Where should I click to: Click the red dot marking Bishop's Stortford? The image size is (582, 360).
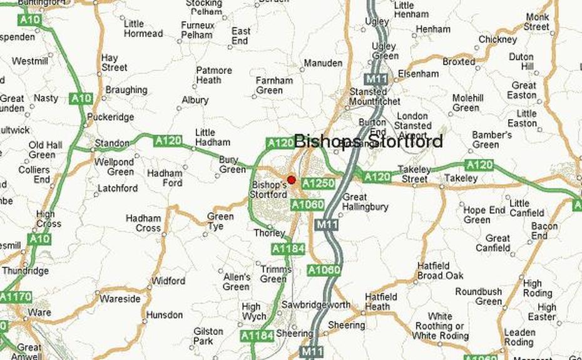coord(291,180)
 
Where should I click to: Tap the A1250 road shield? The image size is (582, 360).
coord(318,183)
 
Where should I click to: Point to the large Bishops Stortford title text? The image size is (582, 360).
coord(368,141)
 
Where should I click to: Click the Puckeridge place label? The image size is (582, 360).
coord(111,117)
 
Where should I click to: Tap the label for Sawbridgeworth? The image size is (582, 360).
coord(315,304)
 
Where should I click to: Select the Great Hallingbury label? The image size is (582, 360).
coord(365,202)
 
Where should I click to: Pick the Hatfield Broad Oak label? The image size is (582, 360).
coord(439,270)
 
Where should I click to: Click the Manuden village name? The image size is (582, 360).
coord(323,63)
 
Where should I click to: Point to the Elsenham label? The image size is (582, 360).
coord(418,74)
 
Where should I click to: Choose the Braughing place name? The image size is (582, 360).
coord(126,90)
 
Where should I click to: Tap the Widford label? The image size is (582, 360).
coord(168,281)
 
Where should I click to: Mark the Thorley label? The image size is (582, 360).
coord(269,233)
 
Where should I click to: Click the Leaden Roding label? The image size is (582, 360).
coord(519,337)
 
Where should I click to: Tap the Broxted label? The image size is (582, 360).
coord(459,62)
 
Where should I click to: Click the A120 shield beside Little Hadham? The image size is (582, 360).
coord(168,141)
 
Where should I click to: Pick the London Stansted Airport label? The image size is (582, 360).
coord(412,125)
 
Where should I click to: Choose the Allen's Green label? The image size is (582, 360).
coord(237,282)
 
